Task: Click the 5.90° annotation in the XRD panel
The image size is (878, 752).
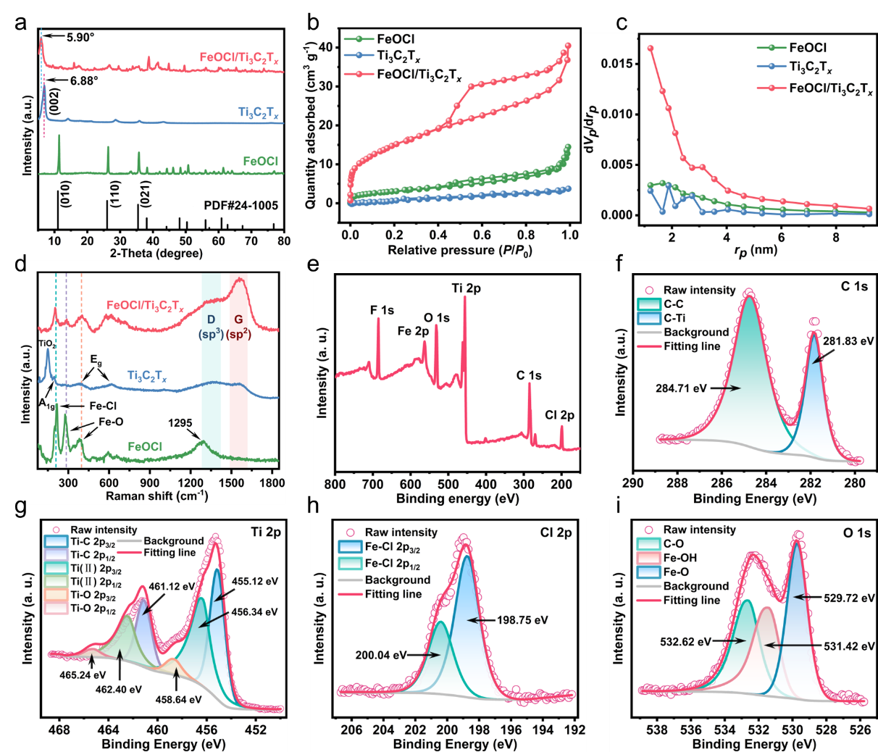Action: click(80, 37)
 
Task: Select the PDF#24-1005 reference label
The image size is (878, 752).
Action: click(241, 205)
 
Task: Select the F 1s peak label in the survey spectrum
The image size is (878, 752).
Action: click(382, 310)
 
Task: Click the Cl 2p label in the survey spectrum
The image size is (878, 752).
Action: click(559, 415)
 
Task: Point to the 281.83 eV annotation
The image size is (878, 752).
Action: click(848, 341)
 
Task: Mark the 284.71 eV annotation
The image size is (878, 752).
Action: click(681, 388)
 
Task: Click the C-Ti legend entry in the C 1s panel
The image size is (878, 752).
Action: click(674, 318)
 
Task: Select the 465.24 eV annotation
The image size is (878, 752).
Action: click(82, 674)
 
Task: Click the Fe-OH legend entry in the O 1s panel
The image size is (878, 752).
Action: click(680, 558)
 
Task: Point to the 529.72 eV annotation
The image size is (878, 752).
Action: click(849, 598)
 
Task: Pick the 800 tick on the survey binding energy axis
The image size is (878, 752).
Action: click(335, 484)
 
